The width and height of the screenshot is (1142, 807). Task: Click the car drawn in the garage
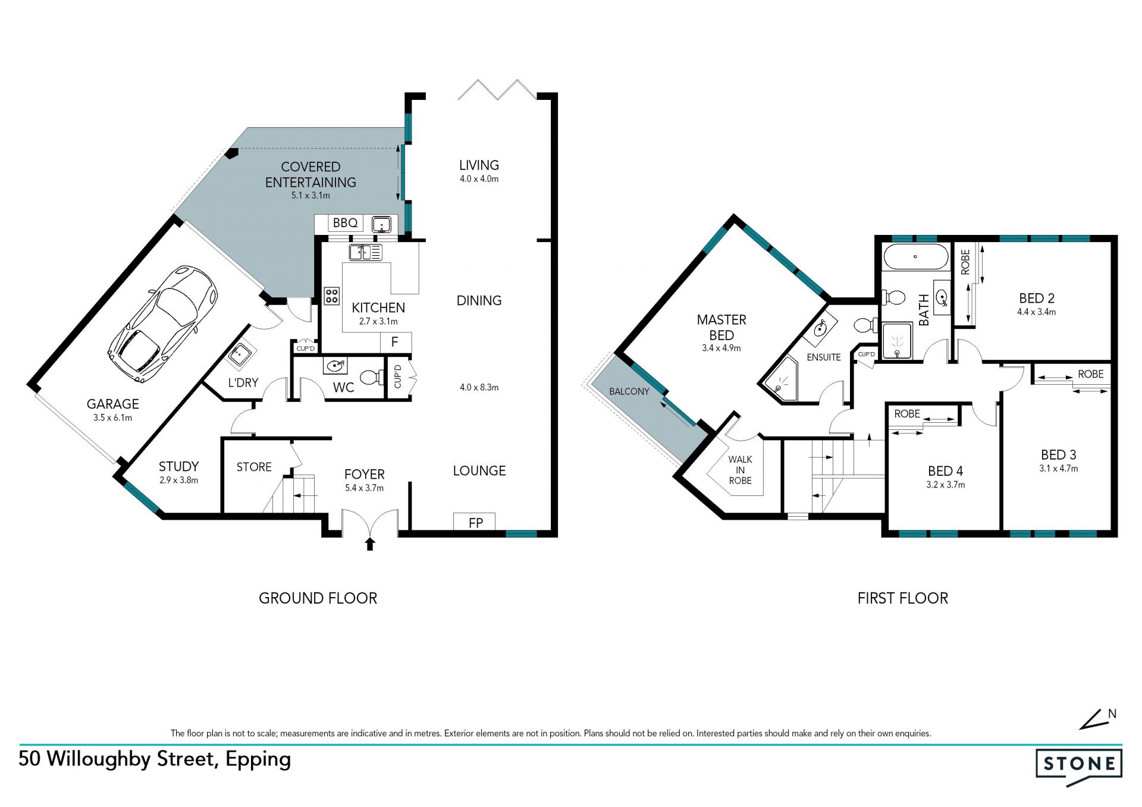163,324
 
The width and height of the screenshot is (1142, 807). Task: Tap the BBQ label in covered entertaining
345,222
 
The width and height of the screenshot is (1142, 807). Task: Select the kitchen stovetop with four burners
331,296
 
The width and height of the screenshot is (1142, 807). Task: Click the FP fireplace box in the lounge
475,522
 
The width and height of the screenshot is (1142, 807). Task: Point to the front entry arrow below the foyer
370,544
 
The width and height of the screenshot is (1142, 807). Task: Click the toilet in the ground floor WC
371,377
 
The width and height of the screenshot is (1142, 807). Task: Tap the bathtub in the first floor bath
915,257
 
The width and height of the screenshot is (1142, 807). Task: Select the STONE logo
1079,767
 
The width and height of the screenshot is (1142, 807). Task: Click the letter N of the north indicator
1112,714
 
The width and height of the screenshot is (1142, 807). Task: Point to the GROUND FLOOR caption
318,598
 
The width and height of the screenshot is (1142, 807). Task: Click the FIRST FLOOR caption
902,598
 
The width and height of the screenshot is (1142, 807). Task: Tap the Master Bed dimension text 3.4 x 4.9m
721,348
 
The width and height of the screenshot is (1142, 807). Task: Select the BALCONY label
629,391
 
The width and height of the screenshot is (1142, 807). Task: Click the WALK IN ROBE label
740,470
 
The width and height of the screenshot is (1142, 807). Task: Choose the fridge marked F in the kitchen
394,343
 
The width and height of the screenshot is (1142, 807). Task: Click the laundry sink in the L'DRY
241,354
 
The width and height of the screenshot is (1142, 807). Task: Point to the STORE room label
254,467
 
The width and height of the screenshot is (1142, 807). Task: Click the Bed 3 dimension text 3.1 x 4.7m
1058,469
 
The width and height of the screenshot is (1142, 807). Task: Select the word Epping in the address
258,760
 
